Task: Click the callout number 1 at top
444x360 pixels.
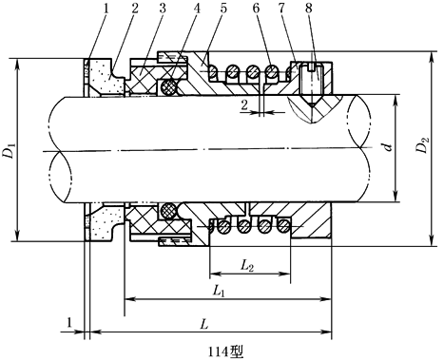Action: coord(106,9)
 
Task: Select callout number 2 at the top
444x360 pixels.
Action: coord(135,9)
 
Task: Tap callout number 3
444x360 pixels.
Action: coord(163,9)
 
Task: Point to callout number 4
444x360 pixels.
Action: coord(197,9)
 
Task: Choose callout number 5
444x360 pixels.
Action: coord(223,9)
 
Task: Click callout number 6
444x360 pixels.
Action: coord(256,9)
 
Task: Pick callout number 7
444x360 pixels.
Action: coord(281,9)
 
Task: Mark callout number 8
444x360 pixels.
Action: coord(309,9)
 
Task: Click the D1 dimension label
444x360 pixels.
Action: coord(10,151)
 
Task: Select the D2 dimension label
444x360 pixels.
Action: coord(422,144)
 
